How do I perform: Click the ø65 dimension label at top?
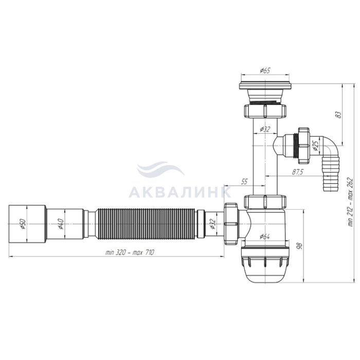point(265,70)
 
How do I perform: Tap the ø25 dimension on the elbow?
point(315,146)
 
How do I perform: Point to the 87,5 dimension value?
point(298,172)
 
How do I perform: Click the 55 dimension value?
point(244,182)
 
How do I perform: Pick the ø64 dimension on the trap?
point(265,237)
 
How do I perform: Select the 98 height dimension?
point(300,246)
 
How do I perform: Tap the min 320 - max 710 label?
point(130,253)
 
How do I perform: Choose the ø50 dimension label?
point(23,224)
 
